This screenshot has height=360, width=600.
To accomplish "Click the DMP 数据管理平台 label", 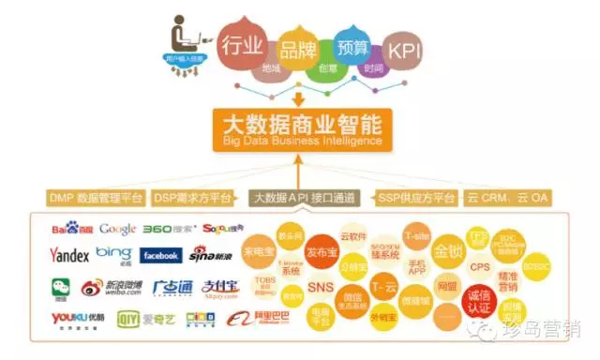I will click(95, 198).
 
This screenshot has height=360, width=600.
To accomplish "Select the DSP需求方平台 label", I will click(192, 198).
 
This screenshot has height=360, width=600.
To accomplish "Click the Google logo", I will click(118, 229).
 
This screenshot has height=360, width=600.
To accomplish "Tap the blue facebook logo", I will click(161, 255).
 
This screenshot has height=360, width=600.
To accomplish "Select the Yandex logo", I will click(70, 255).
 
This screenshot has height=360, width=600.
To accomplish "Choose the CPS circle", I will click(480, 267).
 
